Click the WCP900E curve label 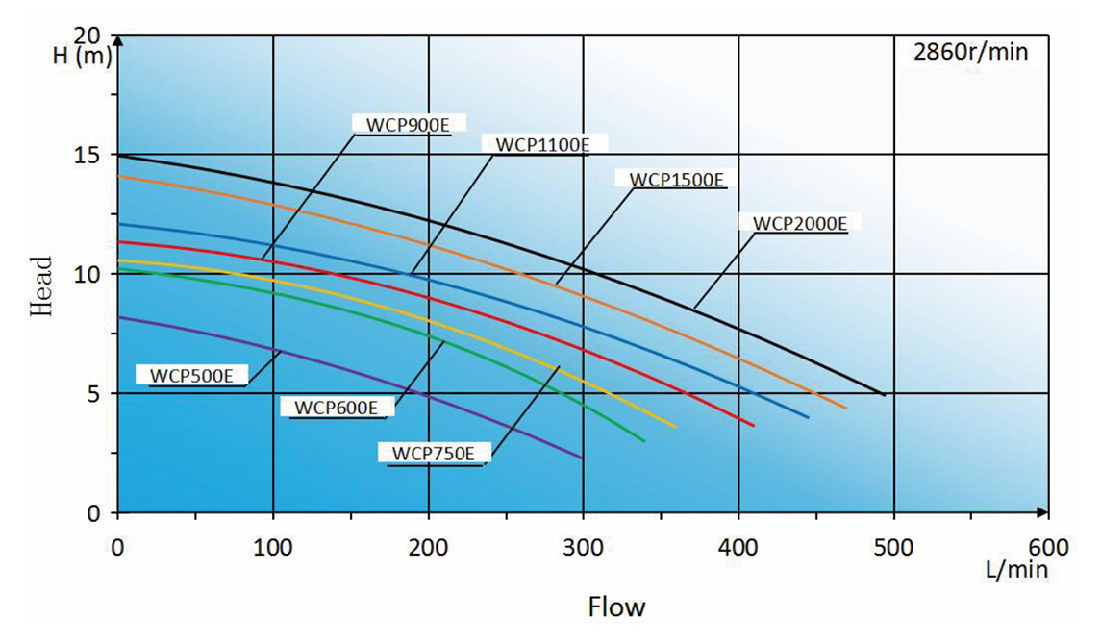[x=408, y=123]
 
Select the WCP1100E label [x=541, y=145]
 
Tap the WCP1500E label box [x=677, y=180]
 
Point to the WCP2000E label [x=799, y=224]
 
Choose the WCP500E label [x=191, y=375]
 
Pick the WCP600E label [x=336, y=408]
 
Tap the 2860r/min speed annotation [x=970, y=52]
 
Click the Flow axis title [x=616, y=607]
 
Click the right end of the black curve [x=883, y=394]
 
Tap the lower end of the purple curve [x=583, y=458]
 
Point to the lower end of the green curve [x=643, y=441]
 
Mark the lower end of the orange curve [x=845, y=409]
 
